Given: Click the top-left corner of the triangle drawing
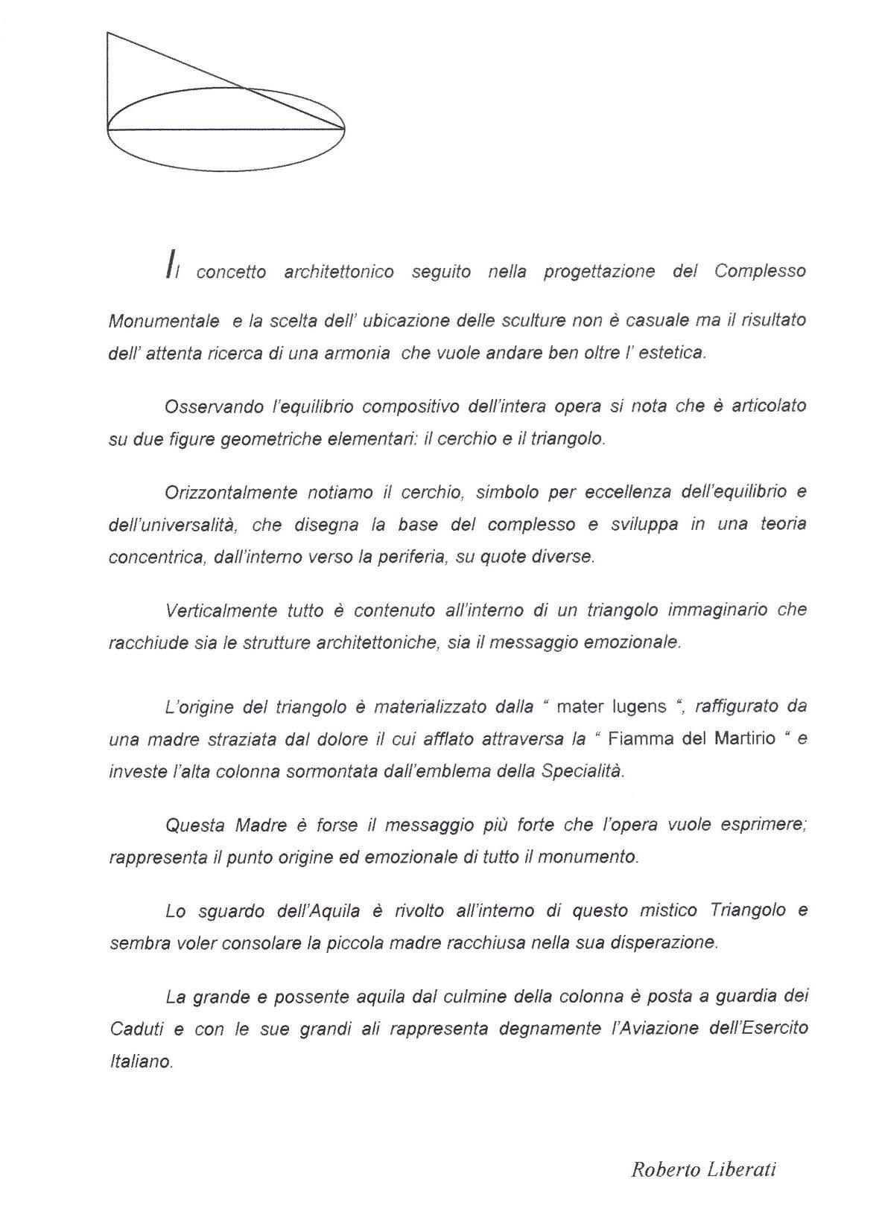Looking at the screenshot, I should click(x=109, y=33).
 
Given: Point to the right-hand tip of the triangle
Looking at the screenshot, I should click(x=343, y=129).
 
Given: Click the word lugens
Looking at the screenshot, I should click(x=629, y=706).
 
